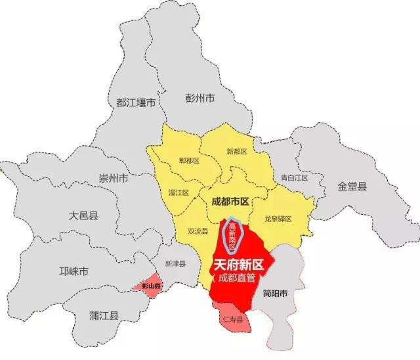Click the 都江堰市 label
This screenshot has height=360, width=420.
(135, 102)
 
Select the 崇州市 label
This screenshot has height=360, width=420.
(114, 178)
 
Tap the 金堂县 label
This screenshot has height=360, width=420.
(352, 186)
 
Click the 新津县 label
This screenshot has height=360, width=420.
(175, 263)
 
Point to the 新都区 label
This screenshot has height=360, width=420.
(236, 152)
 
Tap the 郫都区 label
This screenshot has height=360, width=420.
(188, 160)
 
